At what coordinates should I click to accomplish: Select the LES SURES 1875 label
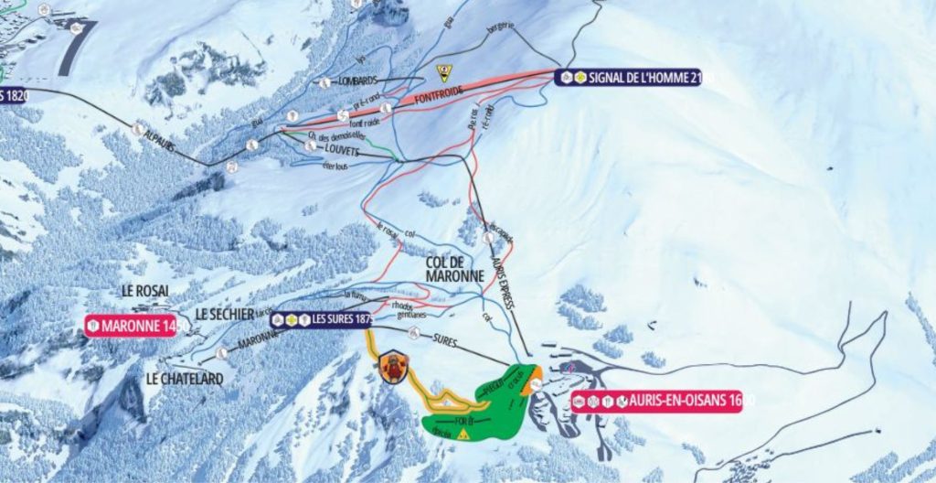click(x=320, y=319)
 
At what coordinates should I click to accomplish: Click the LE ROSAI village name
click(x=145, y=291)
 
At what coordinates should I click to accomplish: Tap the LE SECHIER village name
click(x=224, y=315)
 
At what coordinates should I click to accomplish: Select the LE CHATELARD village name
click(x=184, y=377)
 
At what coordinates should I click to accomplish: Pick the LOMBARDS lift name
click(x=358, y=80)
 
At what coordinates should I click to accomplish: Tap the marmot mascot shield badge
click(x=391, y=365)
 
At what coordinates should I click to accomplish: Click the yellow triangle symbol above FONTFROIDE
click(x=444, y=72)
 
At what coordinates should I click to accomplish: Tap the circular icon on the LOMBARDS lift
click(x=324, y=82)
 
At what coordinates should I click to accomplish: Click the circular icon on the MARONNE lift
click(x=222, y=352)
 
